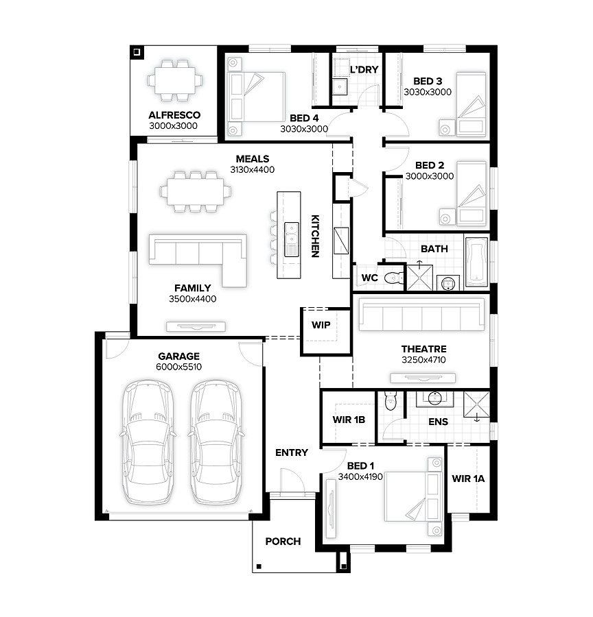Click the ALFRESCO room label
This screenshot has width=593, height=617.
point(174,115)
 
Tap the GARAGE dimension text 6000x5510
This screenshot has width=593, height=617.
point(178,367)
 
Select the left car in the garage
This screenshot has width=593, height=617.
point(148,442)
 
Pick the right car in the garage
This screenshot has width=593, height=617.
point(216,442)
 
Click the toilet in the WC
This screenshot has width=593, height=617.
point(394,278)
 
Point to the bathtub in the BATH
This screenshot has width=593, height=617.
point(477,261)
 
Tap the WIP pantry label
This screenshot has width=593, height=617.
point(321,325)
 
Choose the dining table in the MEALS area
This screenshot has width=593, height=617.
point(195,192)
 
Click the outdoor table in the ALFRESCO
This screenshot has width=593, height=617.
point(174,80)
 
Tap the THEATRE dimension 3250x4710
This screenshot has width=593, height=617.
point(423,360)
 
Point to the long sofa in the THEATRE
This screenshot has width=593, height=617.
point(421,315)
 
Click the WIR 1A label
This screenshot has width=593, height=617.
point(468,479)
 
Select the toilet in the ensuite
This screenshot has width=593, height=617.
point(390,400)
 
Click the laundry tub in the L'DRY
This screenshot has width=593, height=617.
point(339,86)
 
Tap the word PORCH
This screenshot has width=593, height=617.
point(283,542)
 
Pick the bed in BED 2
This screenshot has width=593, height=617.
point(472,193)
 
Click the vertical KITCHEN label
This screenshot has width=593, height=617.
point(315,236)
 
